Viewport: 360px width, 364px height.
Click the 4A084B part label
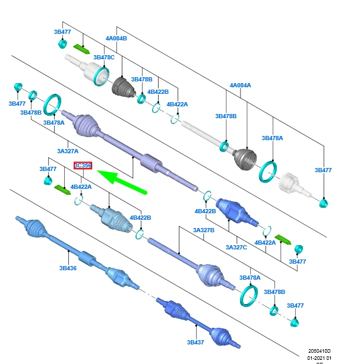click(116, 39)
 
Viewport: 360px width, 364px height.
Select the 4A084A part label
click(241, 86)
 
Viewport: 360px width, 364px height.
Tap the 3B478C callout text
click(104, 58)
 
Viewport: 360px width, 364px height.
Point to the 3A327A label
click(68, 151)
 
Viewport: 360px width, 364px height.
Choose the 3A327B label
click(203, 230)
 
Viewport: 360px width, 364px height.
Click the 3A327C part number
click(236, 247)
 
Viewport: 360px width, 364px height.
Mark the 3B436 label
click(68, 268)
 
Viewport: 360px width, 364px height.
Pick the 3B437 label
click(195, 343)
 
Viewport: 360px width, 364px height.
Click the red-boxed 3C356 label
click(83, 166)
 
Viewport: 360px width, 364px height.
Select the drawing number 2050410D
click(319, 351)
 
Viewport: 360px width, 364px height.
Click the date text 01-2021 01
click(319, 358)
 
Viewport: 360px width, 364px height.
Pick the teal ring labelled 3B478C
click(102, 74)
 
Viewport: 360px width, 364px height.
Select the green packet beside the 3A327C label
click(282, 240)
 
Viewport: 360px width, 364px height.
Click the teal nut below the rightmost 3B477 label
click(323, 204)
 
